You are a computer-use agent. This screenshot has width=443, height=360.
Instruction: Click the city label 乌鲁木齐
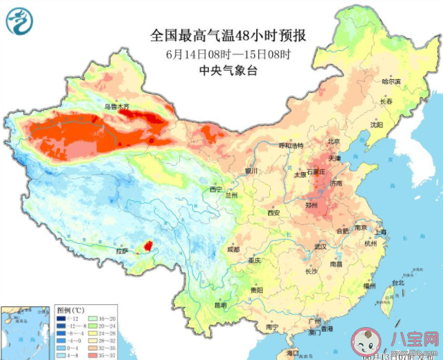(x=116, y=107)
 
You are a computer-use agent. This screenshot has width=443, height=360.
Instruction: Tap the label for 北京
(x=333, y=141)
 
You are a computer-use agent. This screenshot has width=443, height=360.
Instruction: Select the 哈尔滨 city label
(x=391, y=81)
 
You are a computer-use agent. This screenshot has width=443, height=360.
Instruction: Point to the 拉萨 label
(x=122, y=252)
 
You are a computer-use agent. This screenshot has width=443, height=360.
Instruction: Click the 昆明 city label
(x=220, y=304)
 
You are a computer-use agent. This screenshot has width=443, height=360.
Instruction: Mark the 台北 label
(x=398, y=282)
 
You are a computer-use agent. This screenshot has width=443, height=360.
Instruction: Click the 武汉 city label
(x=318, y=246)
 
